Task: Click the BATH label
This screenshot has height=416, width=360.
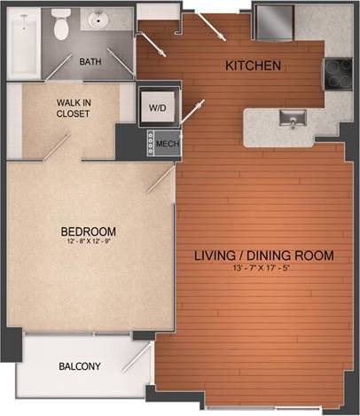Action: pos(90,62)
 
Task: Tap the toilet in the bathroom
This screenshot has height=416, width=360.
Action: pos(61,26)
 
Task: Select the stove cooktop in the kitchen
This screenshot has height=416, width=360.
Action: pos(338,74)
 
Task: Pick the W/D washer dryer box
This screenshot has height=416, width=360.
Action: pos(157,107)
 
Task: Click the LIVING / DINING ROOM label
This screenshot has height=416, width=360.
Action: pos(263,256)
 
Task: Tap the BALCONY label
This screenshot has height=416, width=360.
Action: pos(80,366)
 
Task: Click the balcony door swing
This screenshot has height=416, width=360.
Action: pos(139,359)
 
